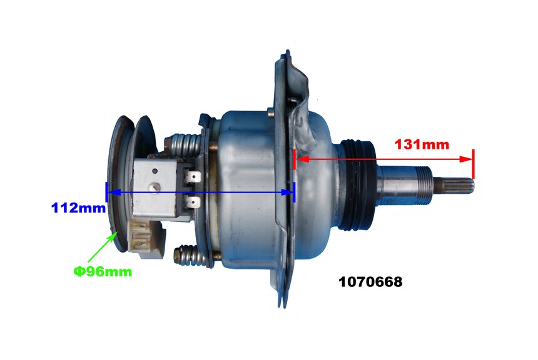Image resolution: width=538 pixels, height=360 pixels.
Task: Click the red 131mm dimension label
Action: click(x=422, y=144)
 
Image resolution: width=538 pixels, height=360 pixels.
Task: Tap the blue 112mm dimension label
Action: click(x=78, y=207)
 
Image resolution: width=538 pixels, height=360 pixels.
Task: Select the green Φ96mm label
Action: click(x=103, y=271)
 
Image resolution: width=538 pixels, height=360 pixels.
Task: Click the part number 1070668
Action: click(x=370, y=282)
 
